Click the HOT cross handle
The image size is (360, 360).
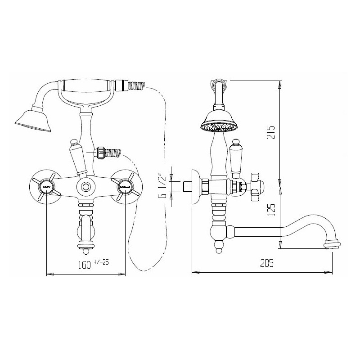click(x=46, y=187)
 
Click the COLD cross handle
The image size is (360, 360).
click(x=125, y=187)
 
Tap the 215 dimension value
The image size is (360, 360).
click(x=271, y=132)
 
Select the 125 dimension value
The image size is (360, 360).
click(x=271, y=210)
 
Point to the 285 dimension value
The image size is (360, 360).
click(x=267, y=263)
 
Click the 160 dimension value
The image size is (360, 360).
click(x=85, y=265)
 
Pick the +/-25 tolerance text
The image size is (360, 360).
click(x=101, y=262)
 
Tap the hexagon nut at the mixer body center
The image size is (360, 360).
click(x=86, y=186)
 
